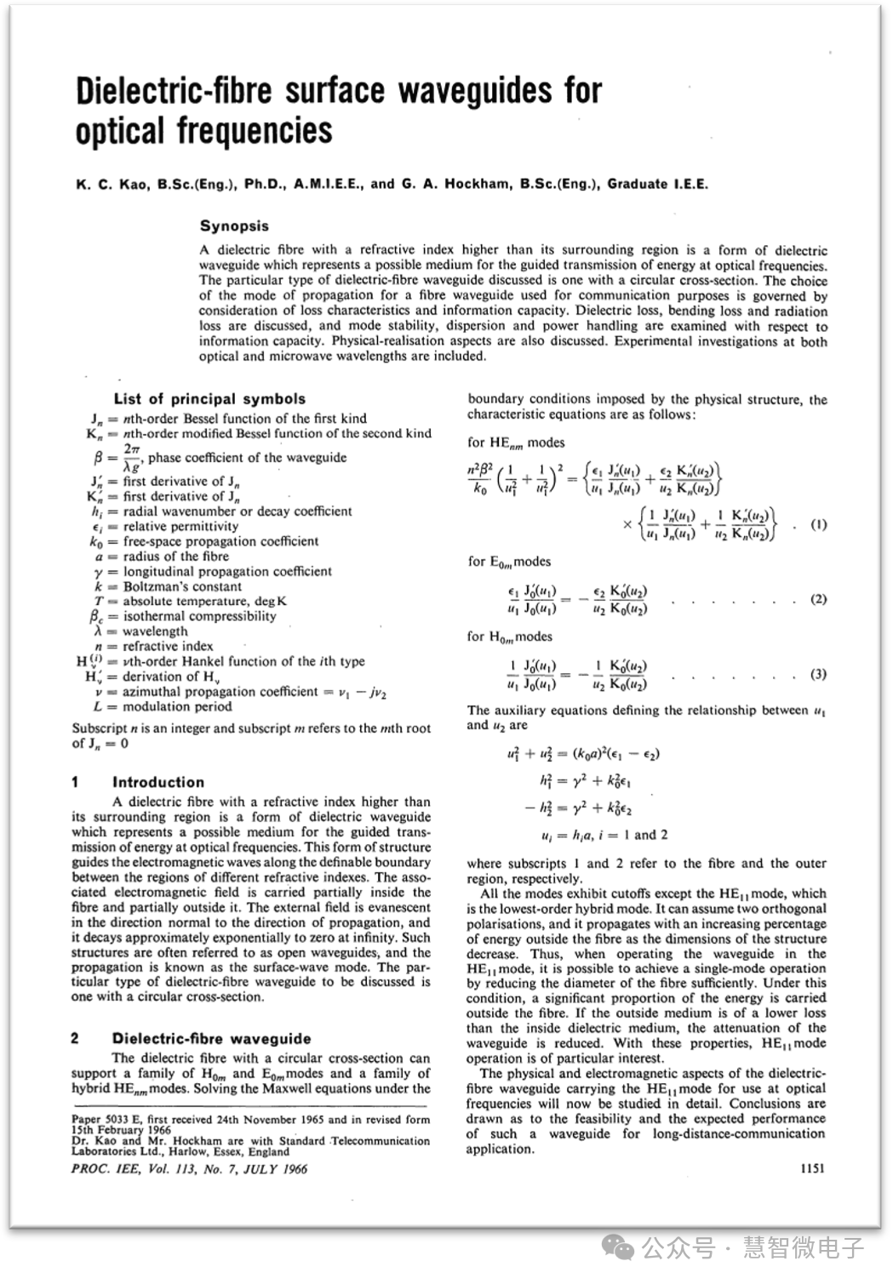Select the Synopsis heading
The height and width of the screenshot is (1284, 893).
pos(234,226)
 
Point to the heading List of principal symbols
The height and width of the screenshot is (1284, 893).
pos(209,399)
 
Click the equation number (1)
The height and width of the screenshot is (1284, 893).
pos(818,525)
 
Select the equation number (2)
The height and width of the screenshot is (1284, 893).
pos(818,599)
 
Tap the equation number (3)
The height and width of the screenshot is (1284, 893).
pos(818,675)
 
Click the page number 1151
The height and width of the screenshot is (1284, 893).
pos(812,1168)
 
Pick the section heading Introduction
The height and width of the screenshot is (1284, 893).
pos(158,782)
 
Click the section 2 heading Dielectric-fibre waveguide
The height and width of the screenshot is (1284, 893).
pos(211,1039)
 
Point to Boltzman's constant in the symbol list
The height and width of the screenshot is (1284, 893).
pos(182,586)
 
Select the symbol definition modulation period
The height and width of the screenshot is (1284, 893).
pos(177,706)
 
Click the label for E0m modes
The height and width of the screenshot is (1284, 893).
pos(509,562)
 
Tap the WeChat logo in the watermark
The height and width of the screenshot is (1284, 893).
pos(618,1247)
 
